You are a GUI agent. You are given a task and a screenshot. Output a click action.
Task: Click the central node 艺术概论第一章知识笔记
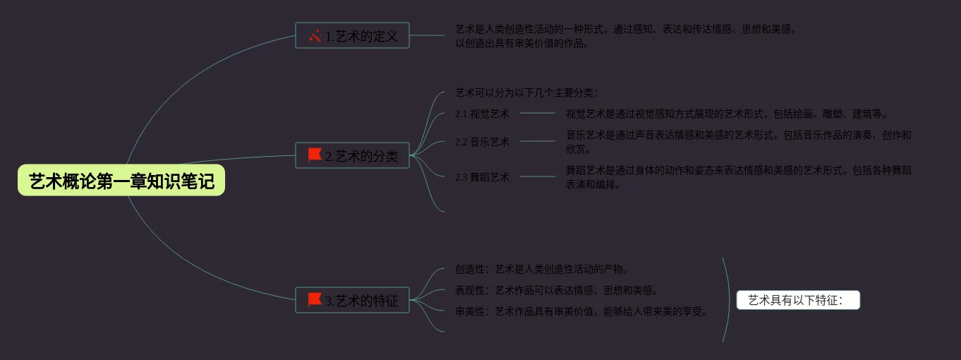(x=121, y=181)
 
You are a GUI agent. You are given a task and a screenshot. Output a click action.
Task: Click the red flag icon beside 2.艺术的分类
(x=315, y=155)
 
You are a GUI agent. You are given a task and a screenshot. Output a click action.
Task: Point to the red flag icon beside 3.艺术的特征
(x=315, y=300)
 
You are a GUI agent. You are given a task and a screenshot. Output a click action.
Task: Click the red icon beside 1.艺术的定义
(x=315, y=35)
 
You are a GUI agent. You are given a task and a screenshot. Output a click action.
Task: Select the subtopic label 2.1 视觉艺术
(x=482, y=114)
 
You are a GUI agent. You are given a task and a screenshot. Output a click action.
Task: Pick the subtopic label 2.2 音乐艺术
(x=482, y=142)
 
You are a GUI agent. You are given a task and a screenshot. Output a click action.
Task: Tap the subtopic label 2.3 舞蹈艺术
(x=482, y=177)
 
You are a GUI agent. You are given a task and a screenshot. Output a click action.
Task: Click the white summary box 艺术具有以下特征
(x=798, y=301)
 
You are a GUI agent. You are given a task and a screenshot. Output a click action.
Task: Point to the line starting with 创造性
(x=542, y=269)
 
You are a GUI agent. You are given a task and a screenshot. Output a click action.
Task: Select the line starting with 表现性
(x=557, y=290)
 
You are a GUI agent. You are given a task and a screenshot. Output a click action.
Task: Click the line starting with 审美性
(x=581, y=311)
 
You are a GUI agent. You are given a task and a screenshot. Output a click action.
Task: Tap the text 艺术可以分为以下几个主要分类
(x=526, y=92)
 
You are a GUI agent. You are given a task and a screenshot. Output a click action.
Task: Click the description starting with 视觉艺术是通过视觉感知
(x=726, y=114)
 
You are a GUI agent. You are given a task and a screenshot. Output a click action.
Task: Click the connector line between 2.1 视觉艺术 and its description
(x=538, y=113)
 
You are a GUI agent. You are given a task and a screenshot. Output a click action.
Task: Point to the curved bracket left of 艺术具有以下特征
(x=727, y=300)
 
